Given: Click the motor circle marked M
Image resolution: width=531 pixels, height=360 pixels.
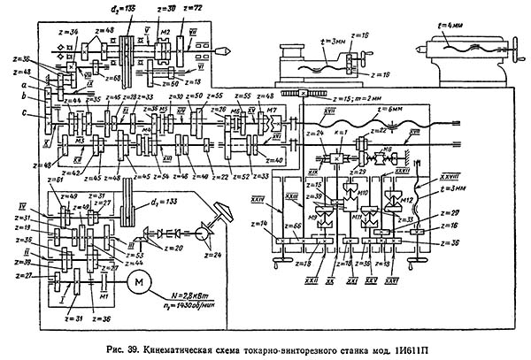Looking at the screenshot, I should [139, 281].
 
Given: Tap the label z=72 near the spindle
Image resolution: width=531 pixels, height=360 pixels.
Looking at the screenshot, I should [193, 7].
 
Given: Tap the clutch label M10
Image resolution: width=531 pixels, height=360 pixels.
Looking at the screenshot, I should [363, 192].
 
